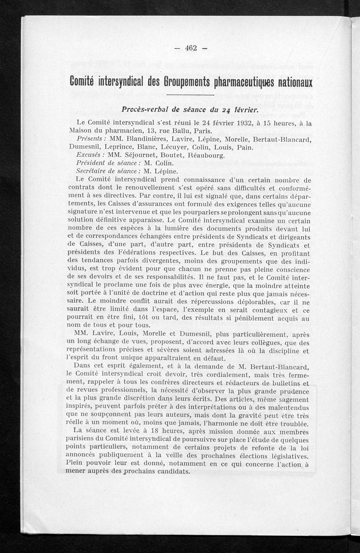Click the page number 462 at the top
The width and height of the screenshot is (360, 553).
tap(191, 49)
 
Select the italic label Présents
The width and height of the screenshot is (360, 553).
tap(92, 139)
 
